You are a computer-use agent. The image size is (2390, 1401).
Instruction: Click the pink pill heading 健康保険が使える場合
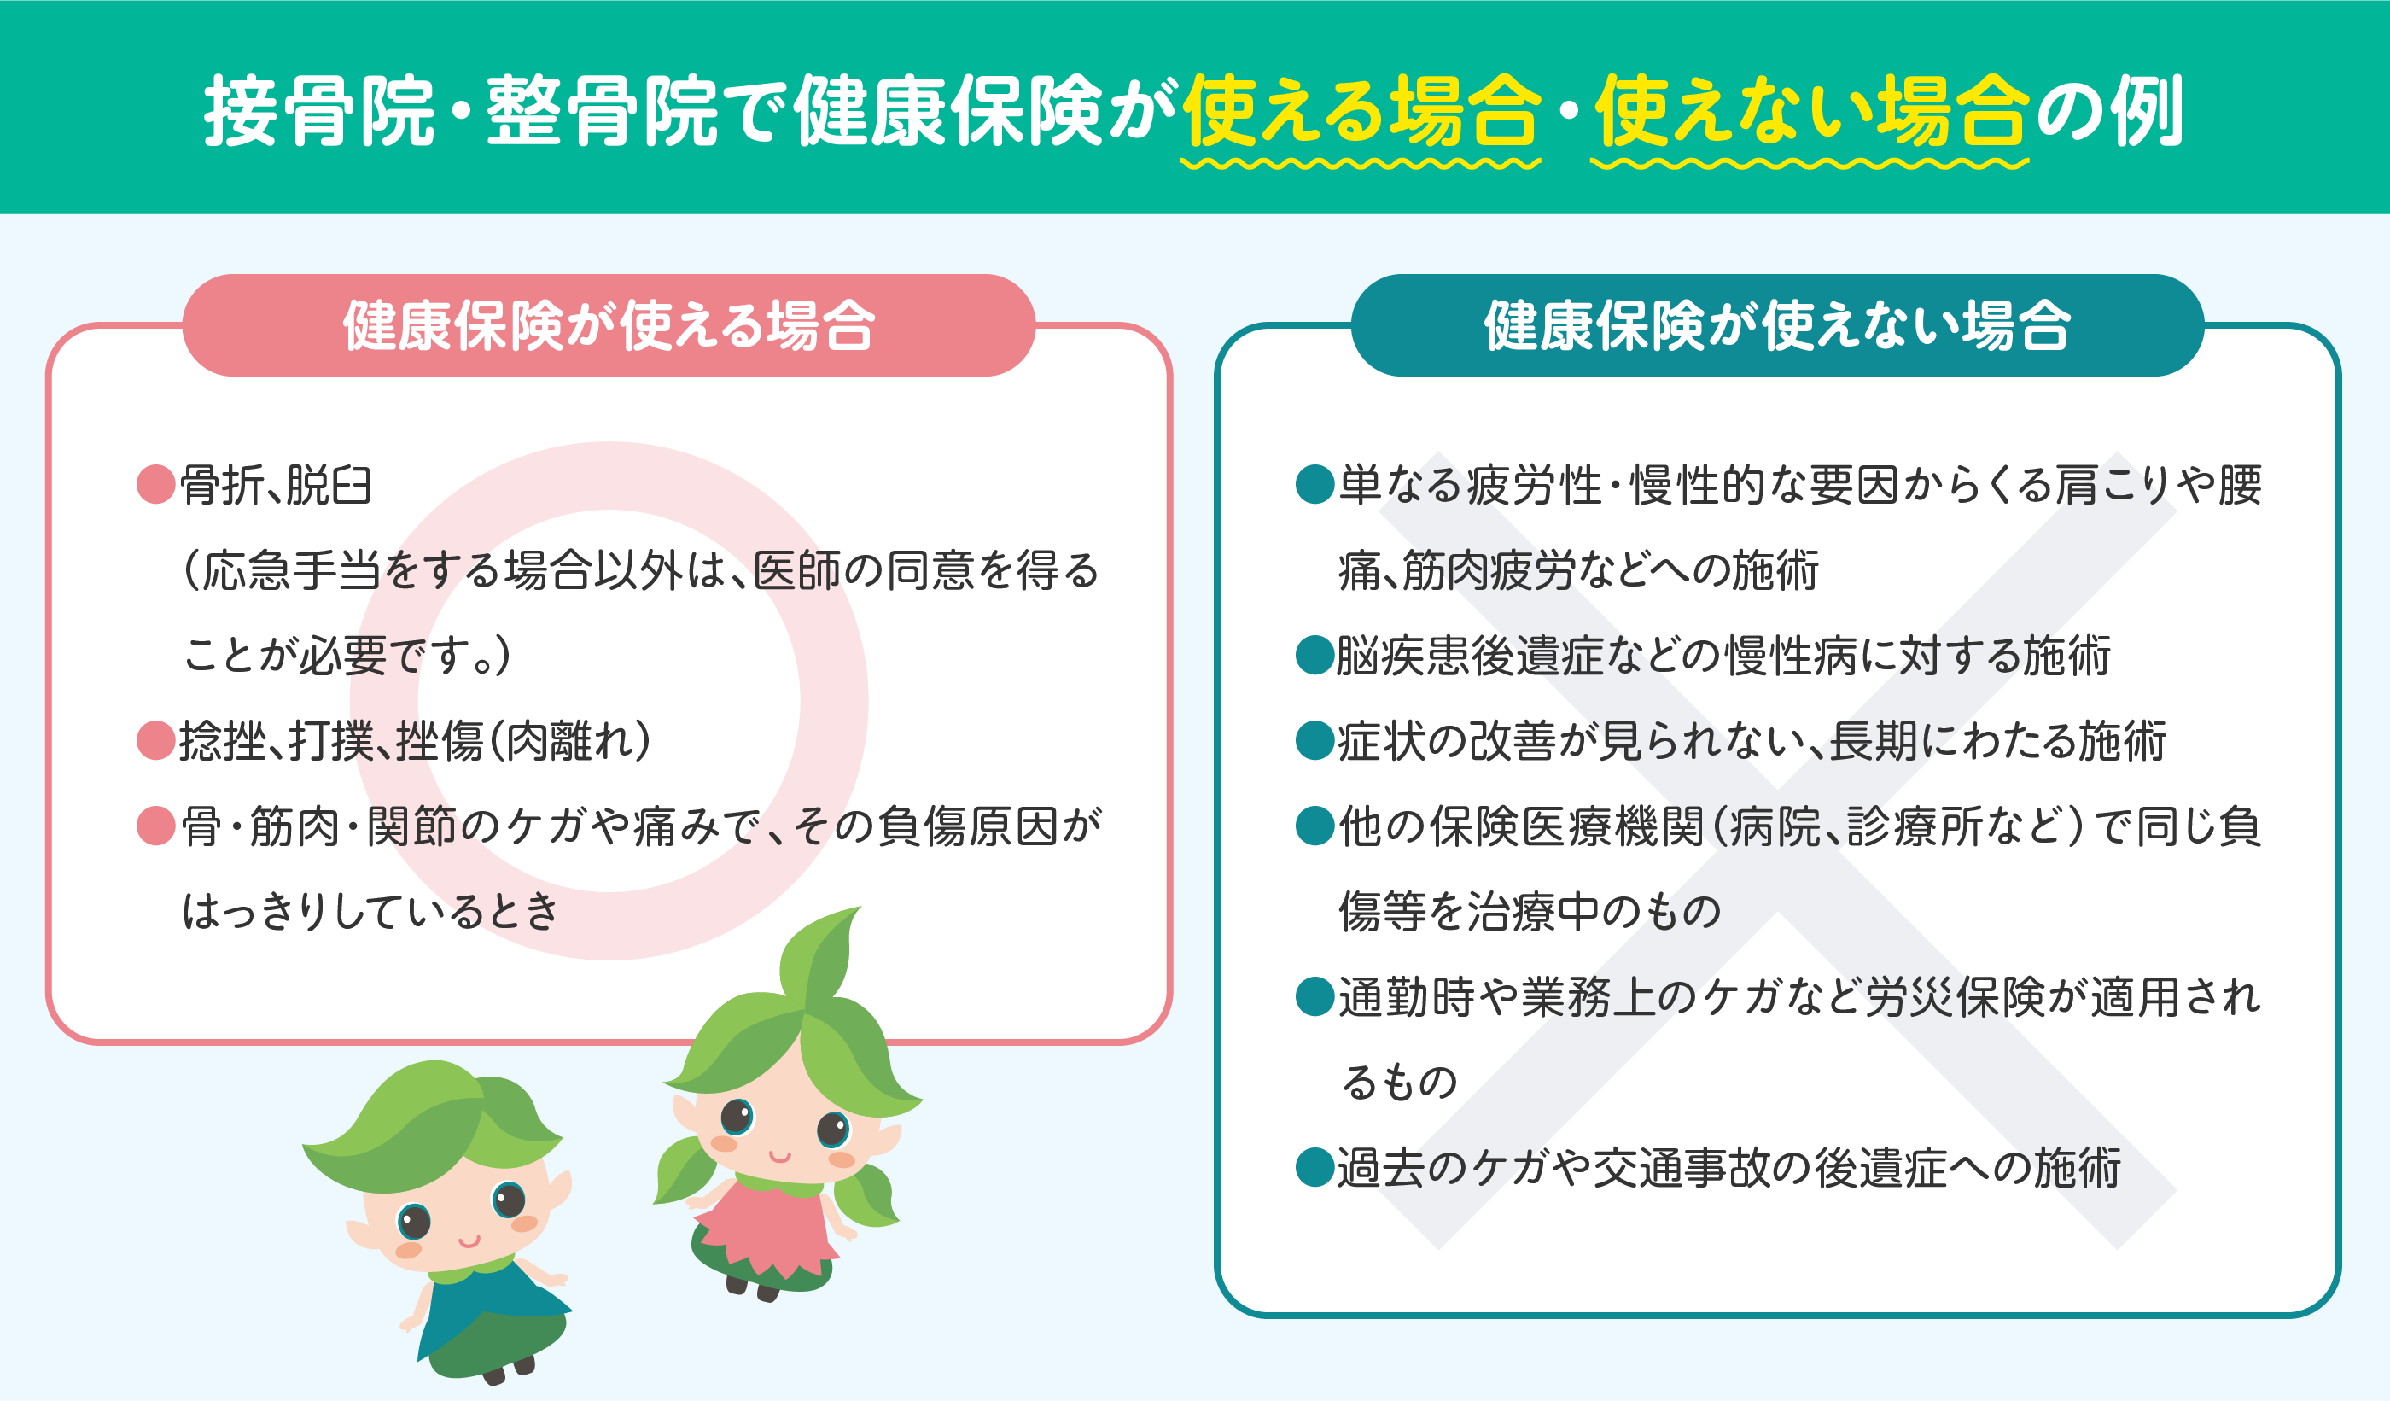608,325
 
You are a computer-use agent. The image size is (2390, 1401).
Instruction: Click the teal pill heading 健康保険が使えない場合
1777,325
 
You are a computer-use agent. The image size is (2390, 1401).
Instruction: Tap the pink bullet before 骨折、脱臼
155,485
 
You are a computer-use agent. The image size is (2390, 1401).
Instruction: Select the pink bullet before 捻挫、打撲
155,741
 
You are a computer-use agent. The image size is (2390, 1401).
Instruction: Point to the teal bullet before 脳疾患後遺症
1315,655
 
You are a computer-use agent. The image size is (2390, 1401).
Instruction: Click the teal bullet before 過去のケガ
1315,1168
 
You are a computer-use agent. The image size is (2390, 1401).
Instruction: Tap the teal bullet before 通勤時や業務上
1315,997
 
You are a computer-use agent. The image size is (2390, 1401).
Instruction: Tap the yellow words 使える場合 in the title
1361,112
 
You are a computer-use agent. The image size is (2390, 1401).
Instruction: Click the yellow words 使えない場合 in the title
1810,112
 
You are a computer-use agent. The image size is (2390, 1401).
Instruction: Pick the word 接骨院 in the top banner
319,112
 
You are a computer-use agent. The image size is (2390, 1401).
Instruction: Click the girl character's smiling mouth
779,1156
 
